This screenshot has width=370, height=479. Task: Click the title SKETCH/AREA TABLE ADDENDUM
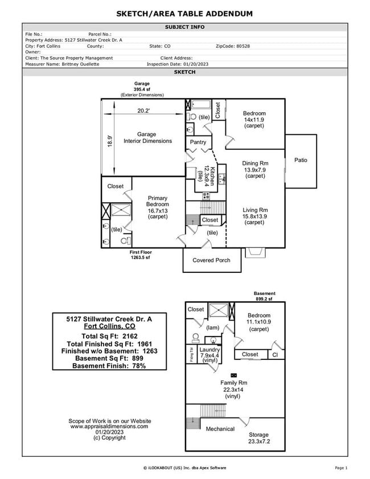(x=184, y=13)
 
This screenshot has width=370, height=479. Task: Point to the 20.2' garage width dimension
(x=143, y=111)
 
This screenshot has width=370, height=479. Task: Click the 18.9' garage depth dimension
(x=110, y=141)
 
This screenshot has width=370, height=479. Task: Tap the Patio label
(x=301, y=160)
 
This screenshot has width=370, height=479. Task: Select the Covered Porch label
(x=211, y=260)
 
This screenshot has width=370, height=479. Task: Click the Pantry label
(x=198, y=142)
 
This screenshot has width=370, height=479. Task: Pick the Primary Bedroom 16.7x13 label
(x=157, y=207)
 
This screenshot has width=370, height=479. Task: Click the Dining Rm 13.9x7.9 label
(x=255, y=169)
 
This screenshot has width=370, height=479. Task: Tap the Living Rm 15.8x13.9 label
(x=255, y=216)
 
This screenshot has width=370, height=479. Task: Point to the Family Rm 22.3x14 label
(x=233, y=389)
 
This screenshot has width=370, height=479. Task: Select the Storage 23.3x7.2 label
(x=258, y=438)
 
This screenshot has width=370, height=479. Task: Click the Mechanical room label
(x=220, y=429)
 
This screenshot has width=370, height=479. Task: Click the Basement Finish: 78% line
(x=109, y=366)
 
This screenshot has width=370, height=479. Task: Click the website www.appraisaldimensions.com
(x=109, y=426)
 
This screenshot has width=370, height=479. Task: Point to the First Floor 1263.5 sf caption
(x=140, y=255)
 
